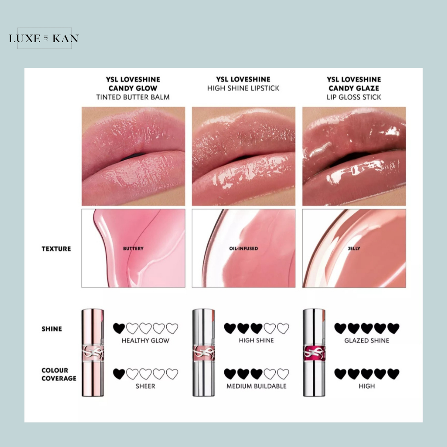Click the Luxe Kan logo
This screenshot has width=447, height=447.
pos(44,38)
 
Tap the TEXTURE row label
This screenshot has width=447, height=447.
pos(56,249)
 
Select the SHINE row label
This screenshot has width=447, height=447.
pos(52,329)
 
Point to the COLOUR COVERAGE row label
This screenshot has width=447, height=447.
pos(59,374)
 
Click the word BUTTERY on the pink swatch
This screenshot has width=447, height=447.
pos(133,248)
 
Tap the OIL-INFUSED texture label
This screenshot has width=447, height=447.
pos(243,248)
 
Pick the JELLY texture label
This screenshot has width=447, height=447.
pos(354,248)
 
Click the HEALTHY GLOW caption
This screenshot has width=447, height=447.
pos(145,340)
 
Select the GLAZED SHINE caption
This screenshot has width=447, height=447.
pos(367,340)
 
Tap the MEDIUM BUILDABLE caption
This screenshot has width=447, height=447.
pos(256,386)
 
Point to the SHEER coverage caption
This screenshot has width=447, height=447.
pos(145,386)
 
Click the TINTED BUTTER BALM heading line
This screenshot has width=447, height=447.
pos(133,97)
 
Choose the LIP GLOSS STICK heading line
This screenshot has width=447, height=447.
pos(354,97)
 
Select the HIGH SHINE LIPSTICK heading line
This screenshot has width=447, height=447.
pos(243,88)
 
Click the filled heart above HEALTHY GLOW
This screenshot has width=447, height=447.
pos(119,328)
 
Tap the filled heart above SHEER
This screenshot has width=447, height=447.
pos(119,374)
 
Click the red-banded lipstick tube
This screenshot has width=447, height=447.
pos(314,352)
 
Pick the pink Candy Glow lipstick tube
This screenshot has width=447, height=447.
pos(93,352)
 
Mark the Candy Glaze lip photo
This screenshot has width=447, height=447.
pos(354,156)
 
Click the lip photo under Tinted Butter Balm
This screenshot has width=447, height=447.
pos(133,156)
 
